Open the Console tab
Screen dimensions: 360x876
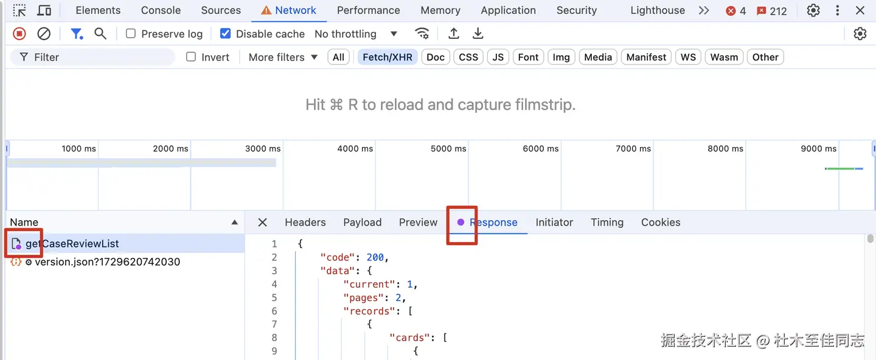[x=161, y=10]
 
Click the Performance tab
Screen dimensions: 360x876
[x=368, y=10]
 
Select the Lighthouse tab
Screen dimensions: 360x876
[x=657, y=10]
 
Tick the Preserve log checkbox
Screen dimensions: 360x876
[x=131, y=34]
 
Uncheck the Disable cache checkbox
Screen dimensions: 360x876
[x=226, y=34]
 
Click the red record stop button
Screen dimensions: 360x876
[x=19, y=34]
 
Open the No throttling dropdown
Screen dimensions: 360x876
[x=356, y=34]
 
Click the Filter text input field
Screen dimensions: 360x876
[x=97, y=57]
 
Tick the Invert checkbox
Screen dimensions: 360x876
[x=191, y=57]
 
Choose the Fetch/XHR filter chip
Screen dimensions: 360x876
[x=388, y=57]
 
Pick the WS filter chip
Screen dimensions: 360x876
[x=688, y=57]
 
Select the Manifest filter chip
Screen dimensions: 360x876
[x=646, y=57]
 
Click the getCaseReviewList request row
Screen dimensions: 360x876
[x=72, y=244]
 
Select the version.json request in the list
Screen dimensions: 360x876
[x=107, y=262]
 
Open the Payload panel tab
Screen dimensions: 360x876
[x=362, y=223]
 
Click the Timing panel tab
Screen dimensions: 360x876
[x=607, y=223]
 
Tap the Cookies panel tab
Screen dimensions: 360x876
[x=660, y=223]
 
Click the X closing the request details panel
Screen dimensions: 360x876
[x=262, y=223]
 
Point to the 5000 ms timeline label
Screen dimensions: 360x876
[x=448, y=148]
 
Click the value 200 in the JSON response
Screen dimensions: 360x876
[x=375, y=257]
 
